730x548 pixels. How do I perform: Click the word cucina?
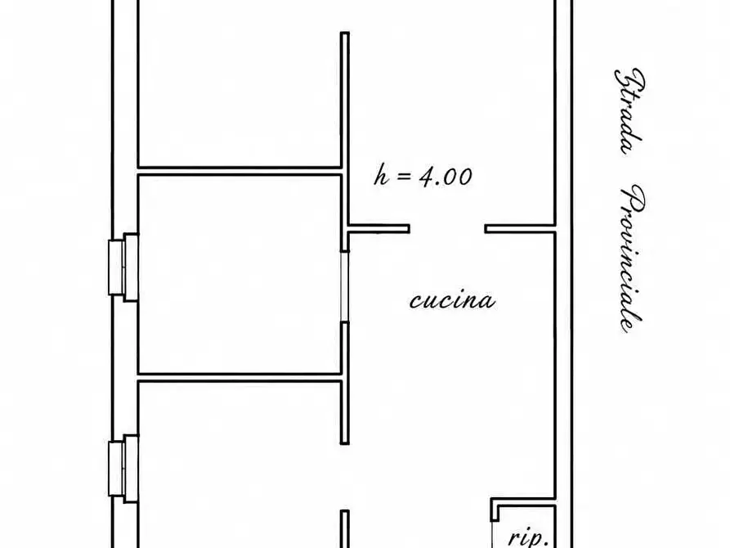[452, 300]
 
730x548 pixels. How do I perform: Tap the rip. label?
[526, 537]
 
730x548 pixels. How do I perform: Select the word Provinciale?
[632, 258]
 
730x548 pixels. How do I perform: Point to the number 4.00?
[446, 177]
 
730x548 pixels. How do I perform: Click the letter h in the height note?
[381, 176]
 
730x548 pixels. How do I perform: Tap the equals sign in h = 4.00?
[404, 177]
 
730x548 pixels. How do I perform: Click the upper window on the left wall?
[123, 267]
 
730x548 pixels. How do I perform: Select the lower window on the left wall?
[123, 469]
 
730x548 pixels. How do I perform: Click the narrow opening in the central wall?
[344, 286]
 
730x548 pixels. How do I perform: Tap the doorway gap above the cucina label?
[447, 229]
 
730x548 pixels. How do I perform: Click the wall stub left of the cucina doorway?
[378, 229]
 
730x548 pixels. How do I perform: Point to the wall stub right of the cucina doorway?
[520, 229]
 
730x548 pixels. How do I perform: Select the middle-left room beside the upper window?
[240, 274]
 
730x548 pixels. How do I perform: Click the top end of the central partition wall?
[344, 33]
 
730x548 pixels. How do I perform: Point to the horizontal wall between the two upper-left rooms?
[240, 171]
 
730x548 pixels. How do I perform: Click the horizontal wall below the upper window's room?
[240, 377]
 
